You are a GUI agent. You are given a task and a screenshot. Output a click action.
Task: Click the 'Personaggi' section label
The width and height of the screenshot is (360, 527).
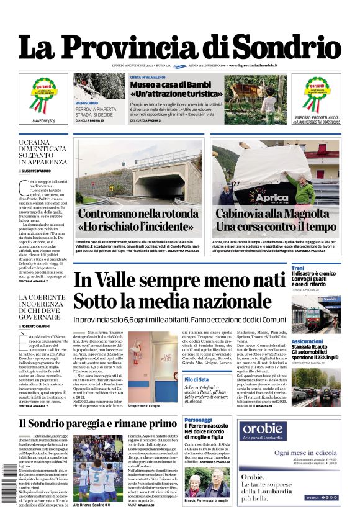(x=197, y=420)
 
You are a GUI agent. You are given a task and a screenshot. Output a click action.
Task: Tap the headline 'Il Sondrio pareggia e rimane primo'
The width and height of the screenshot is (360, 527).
(x=97, y=423)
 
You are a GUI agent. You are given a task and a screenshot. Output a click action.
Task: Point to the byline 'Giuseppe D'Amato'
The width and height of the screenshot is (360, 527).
(x=45, y=169)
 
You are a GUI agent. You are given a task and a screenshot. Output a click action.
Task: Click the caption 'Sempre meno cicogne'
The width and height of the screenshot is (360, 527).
(x=144, y=405)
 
